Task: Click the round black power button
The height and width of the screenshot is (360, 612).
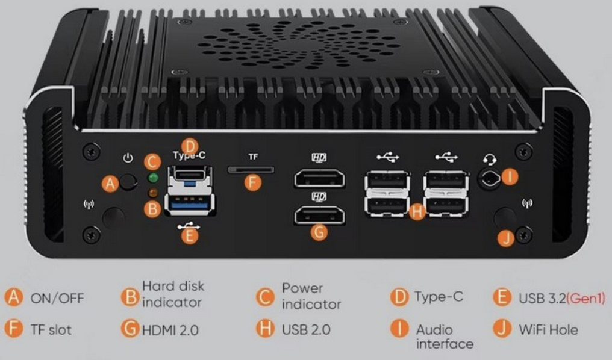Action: click(x=128, y=182)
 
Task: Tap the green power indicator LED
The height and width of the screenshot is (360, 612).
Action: click(x=154, y=178)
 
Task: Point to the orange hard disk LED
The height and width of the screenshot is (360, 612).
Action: click(x=152, y=192)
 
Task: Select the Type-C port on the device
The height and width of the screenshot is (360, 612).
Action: click(x=190, y=173)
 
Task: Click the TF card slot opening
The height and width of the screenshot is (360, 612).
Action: click(x=251, y=170)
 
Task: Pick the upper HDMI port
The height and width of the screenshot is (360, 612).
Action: click(x=319, y=178)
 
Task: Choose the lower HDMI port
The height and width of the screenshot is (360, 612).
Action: click(x=319, y=216)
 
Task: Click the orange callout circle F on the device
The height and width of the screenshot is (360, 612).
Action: click(x=252, y=182)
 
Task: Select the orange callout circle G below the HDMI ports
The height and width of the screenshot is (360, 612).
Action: click(x=319, y=232)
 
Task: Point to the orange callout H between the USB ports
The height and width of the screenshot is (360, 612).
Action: click(x=417, y=212)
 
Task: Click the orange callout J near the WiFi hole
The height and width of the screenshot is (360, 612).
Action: click(x=506, y=238)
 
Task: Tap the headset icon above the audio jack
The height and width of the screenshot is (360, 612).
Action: click(x=490, y=160)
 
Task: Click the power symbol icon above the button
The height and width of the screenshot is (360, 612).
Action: click(x=128, y=158)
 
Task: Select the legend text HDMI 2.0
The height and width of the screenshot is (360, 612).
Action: click(x=170, y=331)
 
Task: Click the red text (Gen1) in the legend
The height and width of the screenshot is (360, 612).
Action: click(x=585, y=299)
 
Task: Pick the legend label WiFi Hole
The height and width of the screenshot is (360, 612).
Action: click(x=548, y=330)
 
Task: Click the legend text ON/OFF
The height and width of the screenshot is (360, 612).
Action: click(x=57, y=299)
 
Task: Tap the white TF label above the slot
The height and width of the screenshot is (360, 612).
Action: click(x=253, y=157)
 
